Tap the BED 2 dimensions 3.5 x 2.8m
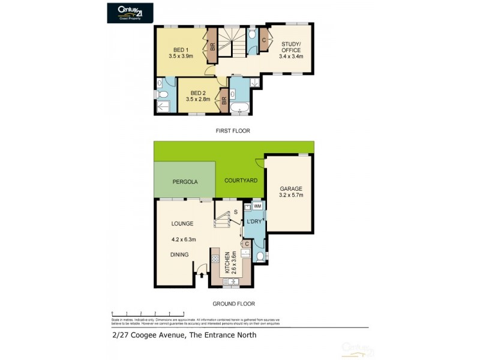coord(198,100)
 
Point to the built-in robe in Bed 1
coord(212,47)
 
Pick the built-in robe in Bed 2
coord(224,100)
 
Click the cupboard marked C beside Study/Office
coord(265,40)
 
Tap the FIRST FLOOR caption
coord(234,130)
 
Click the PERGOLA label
coord(185,181)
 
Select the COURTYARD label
coord(241,180)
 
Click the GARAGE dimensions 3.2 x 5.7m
coord(291,195)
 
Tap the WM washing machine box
coord(257,206)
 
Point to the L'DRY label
coord(254,223)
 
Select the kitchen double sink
coord(230,281)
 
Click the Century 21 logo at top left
coord(128,13)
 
